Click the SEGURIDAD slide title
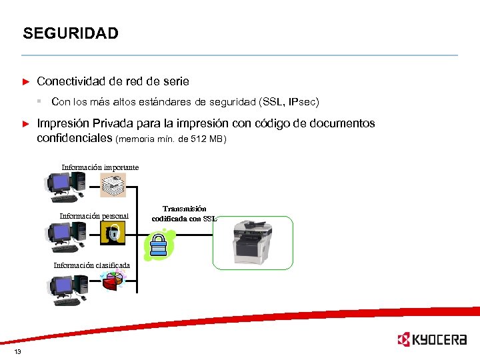tap(70, 33)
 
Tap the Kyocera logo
tap(431, 339)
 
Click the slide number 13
tap(17, 352)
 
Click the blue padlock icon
tap(159, 244)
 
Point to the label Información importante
tap(100, 167)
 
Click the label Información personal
tap(94, 216)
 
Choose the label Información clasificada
tap(91, 265)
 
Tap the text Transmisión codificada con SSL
tap(184, 213)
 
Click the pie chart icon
tap(114, 280)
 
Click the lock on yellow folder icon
tap(113, 233)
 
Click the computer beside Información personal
tap(65, 235)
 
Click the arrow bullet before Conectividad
tap(26, 81)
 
